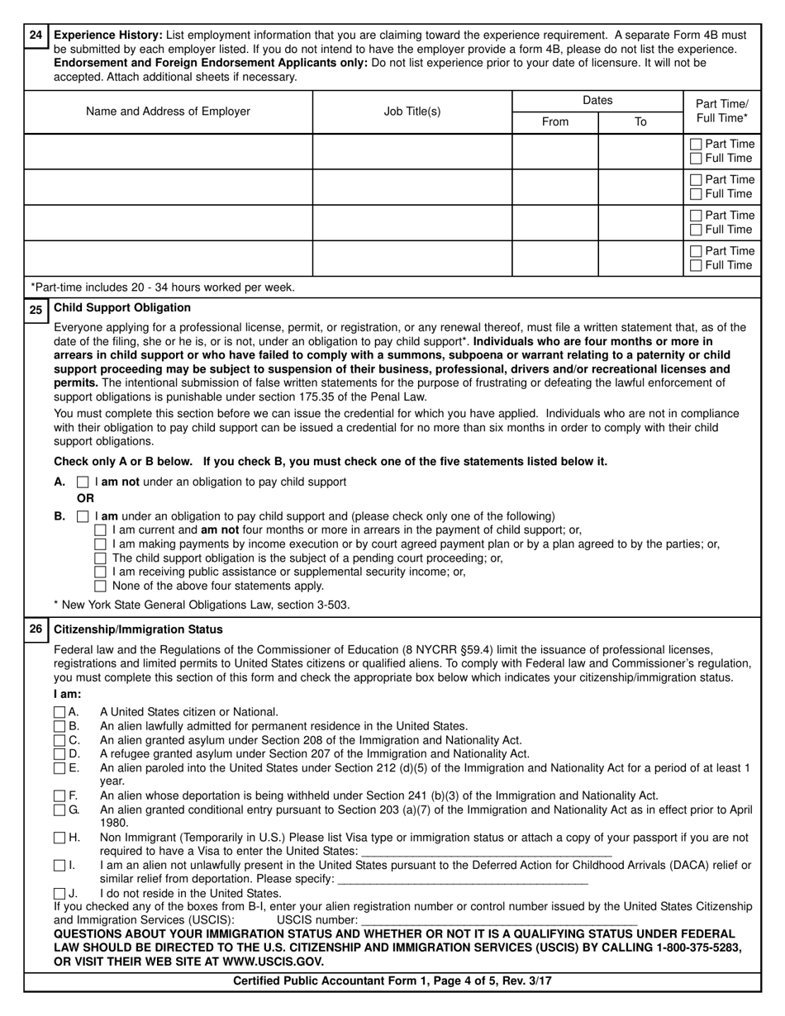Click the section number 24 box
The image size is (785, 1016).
36,36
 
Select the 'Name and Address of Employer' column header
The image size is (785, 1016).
168,111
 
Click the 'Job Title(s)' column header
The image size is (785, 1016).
412,111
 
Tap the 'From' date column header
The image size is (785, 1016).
554,121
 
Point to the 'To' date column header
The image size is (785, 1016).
640,121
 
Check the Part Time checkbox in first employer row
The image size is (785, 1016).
696,145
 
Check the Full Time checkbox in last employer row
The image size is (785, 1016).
696,266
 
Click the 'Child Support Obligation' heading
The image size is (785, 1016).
122,308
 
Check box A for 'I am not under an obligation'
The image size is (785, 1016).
83,482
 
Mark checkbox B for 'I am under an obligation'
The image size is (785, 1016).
83,516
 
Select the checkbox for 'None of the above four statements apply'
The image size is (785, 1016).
101,586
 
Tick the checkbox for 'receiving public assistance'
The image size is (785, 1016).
101,572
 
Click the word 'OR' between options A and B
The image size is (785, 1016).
85,499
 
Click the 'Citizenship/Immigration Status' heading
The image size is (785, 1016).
138,629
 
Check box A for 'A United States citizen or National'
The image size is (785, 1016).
59,711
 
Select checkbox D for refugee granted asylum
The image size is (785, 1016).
59,753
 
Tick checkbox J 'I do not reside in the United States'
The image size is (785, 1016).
59,894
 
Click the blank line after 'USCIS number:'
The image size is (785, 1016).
499,919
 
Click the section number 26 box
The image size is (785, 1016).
36,629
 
